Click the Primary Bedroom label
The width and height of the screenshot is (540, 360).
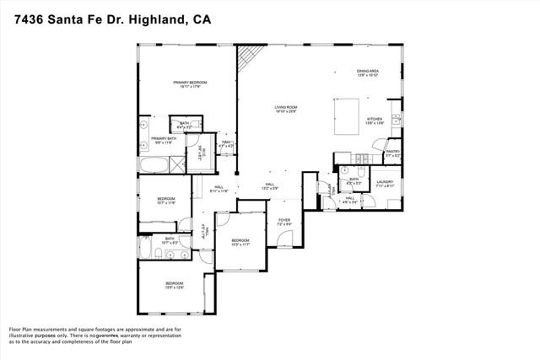click(x=190, y=83)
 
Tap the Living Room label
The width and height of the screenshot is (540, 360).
click(x=286, y=108)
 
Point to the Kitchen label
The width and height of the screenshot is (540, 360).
click(x=375, y=121)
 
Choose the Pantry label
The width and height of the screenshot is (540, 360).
click(x=393, y=153)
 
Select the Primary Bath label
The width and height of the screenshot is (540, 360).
click(x=164, y=139)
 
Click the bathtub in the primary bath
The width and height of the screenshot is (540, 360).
click(x=154, y=164)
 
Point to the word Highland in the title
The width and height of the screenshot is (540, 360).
click(x=155, y=19)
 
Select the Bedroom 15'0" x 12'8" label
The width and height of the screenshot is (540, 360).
click(x=175, y=284)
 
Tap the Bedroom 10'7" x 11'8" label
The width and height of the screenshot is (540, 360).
click(x=166, y=201)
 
